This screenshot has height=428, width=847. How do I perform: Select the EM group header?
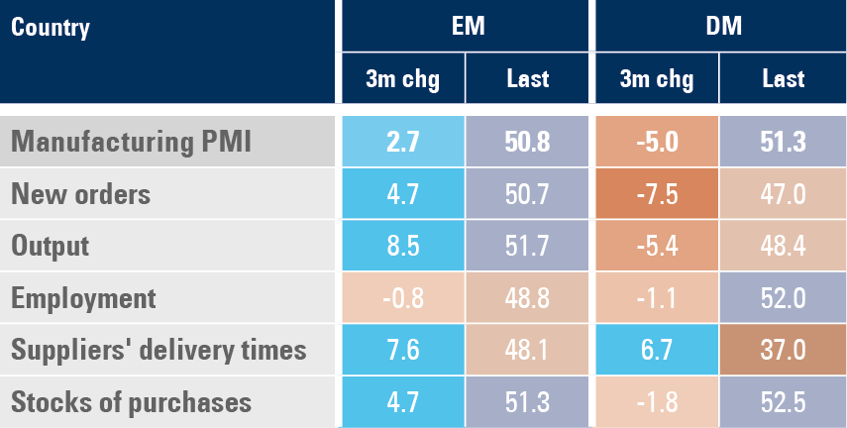click(x=466, y=27)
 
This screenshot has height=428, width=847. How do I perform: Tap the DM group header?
click(x=719, y=27)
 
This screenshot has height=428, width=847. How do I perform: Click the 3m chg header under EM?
click(x=403, y=78)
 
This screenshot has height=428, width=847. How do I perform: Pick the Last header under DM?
click(x=783, y=78)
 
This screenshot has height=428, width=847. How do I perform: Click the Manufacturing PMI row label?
click(x=131, y=143)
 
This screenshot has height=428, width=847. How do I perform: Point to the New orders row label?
click(x=80, y=194)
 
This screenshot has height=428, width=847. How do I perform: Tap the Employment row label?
click(x=83, y=298)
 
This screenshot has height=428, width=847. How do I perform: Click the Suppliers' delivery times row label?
click(x=159, y=350)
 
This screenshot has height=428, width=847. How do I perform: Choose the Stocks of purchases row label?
click(x=131, y=402)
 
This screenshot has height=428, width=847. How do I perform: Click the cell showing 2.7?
click(x=403, y=143)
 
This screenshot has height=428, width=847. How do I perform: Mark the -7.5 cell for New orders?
click(x=656, y=194)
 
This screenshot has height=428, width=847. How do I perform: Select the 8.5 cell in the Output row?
click(x=403, y=246)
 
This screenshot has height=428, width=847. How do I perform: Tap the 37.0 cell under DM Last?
click(x=783, y=350)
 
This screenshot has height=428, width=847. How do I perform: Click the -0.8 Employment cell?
click(x=403, y=298)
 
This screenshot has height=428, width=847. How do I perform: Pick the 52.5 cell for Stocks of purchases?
click(x=783, y=402)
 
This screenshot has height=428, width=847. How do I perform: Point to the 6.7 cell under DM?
click(x=656, y=350)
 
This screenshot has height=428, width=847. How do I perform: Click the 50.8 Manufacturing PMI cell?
click(x=528, y=143)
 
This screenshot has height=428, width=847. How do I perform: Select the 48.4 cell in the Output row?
click(x=783, y=246)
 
